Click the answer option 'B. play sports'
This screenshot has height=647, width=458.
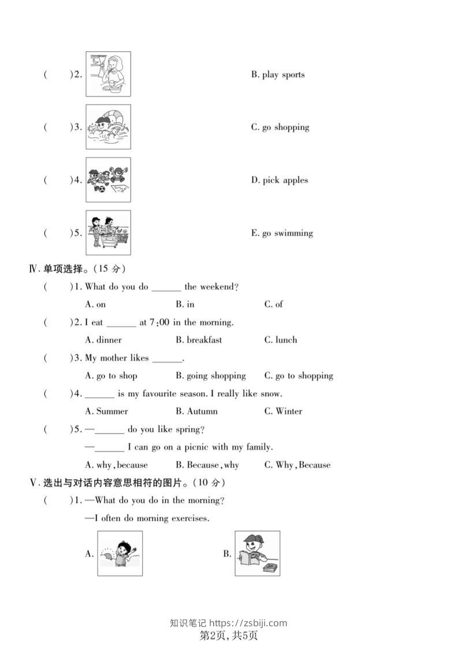277,74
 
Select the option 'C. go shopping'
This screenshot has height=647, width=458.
280,127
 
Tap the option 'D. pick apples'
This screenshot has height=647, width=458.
279,180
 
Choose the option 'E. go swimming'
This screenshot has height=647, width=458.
281,233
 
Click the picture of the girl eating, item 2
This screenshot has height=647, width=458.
108,74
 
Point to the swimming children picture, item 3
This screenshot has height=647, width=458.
108,127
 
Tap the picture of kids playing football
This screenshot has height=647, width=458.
108,180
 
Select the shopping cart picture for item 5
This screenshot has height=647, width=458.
108,232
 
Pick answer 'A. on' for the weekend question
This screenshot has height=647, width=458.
95,304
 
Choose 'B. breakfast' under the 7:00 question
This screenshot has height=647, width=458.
199,340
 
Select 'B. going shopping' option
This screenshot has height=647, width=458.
211,375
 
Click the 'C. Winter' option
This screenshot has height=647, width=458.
283,411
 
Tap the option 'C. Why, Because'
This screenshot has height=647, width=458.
297,465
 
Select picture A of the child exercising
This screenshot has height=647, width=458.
120,554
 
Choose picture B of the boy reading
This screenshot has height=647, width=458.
257,554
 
